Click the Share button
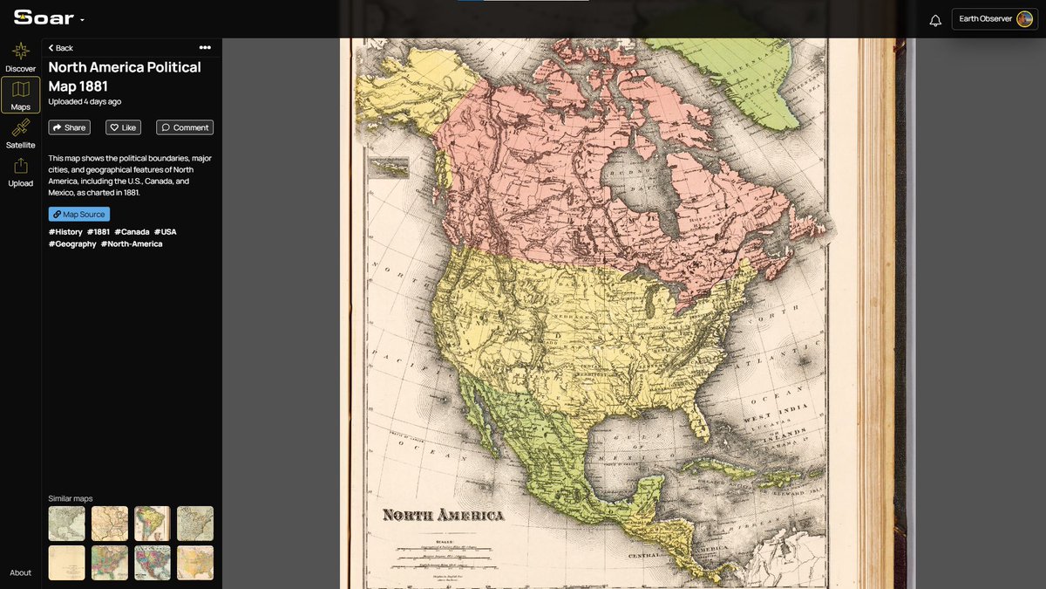pos(69,127)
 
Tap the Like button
pos(123,127)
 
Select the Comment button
pos(185,127)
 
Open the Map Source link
pos(79,214)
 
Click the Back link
pos(61,48)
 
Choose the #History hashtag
pos(65,232)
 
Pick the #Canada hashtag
pos(132,232)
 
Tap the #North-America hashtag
pos(132,244)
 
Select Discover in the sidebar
pos(21,58)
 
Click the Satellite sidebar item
pos(21,134)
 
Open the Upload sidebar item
pos(21,172)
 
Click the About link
pos(21,573)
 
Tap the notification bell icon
pos(935,20)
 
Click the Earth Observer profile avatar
pos(1024,19)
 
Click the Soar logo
pos(44,18)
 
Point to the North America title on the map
pos(443,515)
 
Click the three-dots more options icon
pos(205,48)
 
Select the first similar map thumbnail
pos(66,524)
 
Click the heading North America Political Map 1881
pos(125,76)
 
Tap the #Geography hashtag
pos(72,244)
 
